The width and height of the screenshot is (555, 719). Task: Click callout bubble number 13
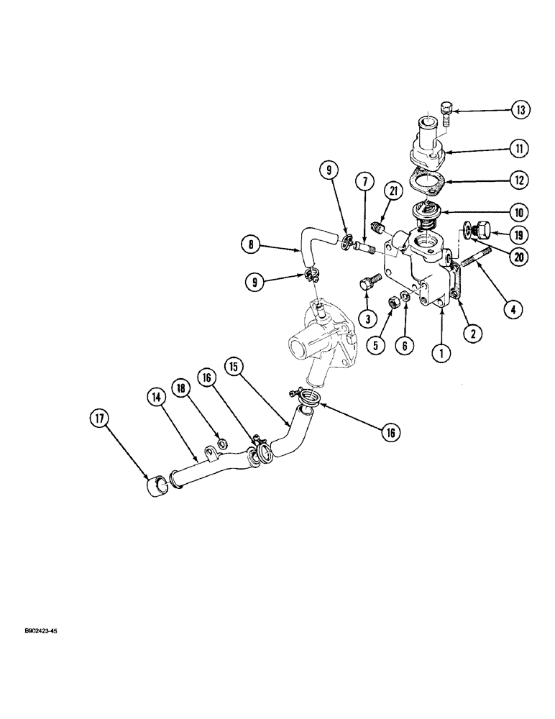point(520,110)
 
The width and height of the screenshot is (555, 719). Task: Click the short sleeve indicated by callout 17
point(157,489)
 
